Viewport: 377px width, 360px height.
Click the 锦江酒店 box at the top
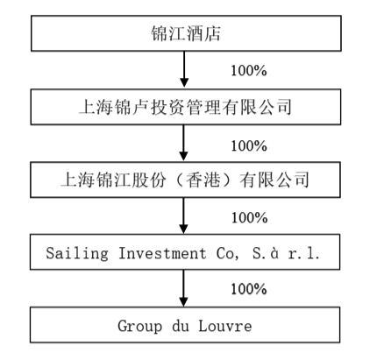[185, 35]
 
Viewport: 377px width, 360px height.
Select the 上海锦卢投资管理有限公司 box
[185, 109]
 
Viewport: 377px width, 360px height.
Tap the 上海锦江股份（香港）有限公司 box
[185, 181]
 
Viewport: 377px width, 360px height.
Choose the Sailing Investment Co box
[185, 253]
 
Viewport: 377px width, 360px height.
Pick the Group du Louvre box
[185, 326]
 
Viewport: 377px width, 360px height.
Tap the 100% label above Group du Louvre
[247, 289]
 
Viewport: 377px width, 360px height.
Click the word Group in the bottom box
[139, 326]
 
